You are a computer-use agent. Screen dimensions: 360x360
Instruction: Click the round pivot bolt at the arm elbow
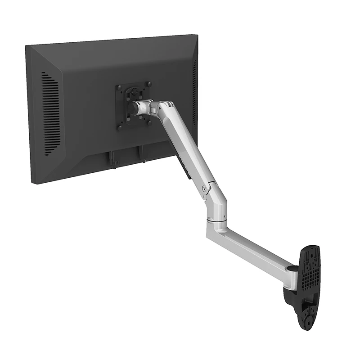(x=205, y=189)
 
